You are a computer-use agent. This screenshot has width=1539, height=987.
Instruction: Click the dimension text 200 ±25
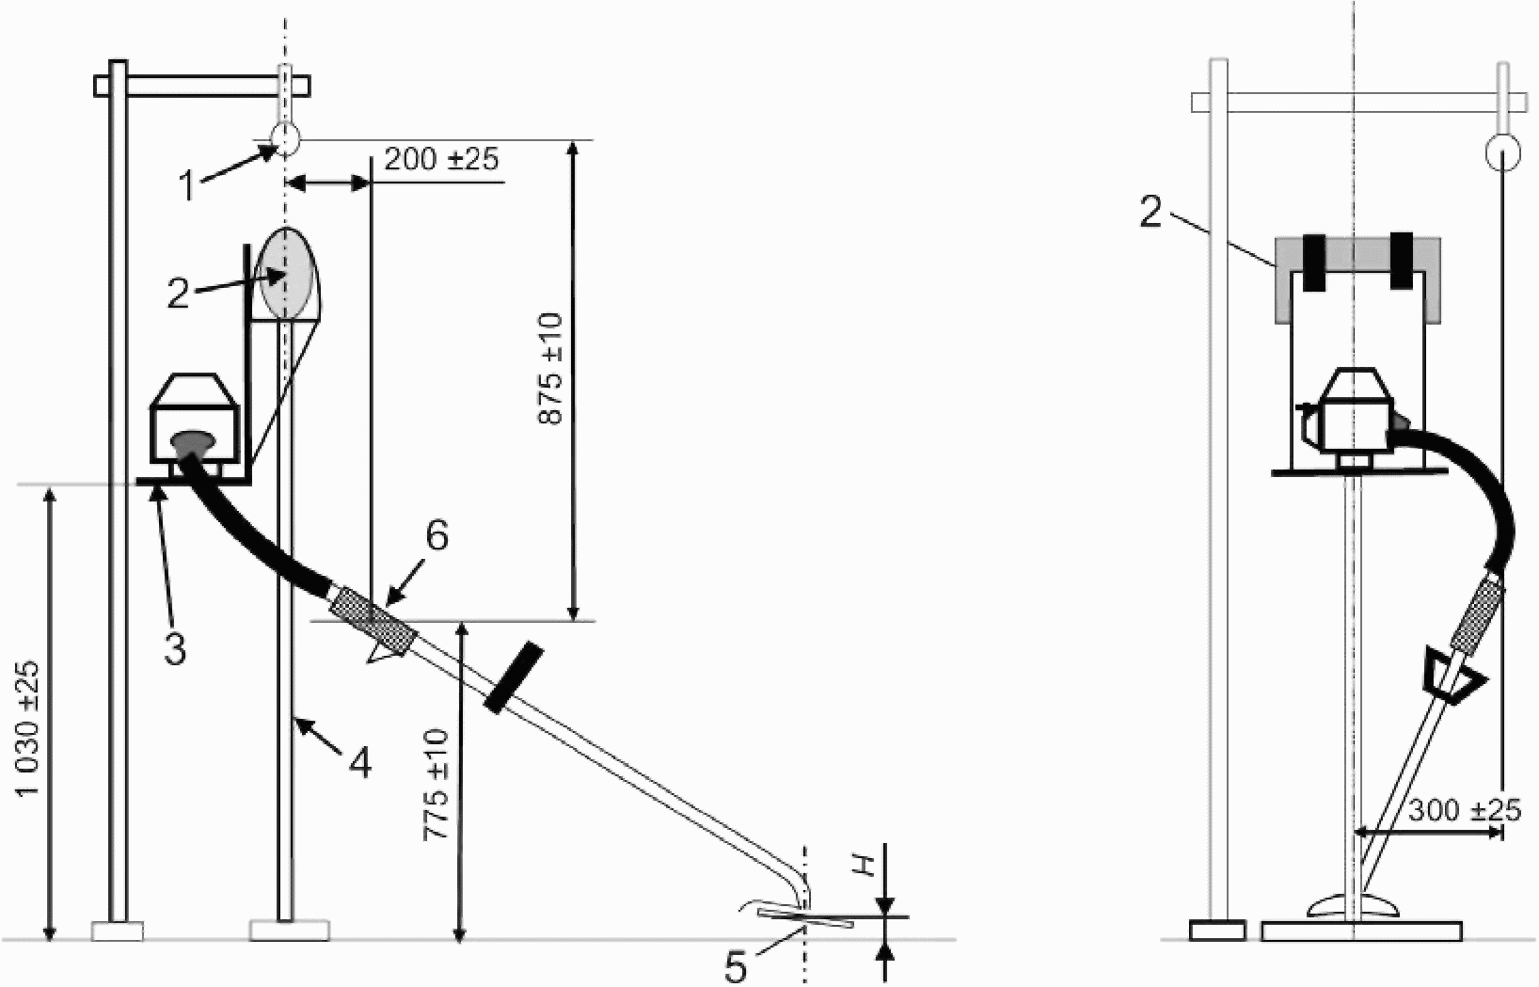(441, 159)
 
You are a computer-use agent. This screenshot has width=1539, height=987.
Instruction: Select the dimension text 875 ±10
(551, 369)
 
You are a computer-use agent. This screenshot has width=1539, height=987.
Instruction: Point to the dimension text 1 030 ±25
(29, 728)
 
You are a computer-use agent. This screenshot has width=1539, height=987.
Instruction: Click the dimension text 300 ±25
(1464, 812)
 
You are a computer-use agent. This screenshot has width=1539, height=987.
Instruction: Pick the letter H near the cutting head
(868, 866)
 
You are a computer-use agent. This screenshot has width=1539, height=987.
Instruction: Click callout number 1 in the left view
(187, 185)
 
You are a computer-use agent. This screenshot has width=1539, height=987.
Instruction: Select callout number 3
(175, 648)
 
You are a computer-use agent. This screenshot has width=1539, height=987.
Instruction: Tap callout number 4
(359, 763)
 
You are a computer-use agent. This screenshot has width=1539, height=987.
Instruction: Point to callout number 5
(735, 968)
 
